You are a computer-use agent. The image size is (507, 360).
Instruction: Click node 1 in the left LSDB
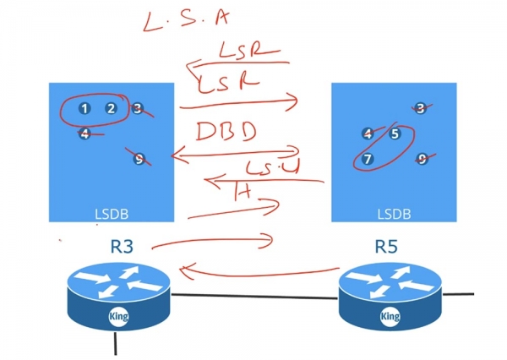(84, 108)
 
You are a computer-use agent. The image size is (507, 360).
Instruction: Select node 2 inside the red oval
(111, 108)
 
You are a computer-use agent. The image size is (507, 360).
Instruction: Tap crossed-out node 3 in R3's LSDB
(138, 108)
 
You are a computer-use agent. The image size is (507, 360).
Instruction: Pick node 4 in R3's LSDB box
(84, 134)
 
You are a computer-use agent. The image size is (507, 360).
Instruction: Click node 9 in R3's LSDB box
(139, 158)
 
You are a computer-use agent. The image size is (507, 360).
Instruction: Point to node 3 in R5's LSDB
(421, 108)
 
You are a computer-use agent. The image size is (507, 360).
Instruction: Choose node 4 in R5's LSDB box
(368, 134)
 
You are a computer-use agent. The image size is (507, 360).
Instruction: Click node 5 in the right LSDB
(395, 134)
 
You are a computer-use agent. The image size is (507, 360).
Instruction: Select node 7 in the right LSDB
(368, 159)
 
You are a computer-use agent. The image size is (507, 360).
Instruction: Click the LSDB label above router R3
(112, 213)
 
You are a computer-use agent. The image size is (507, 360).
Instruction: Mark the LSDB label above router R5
(394, 213)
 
